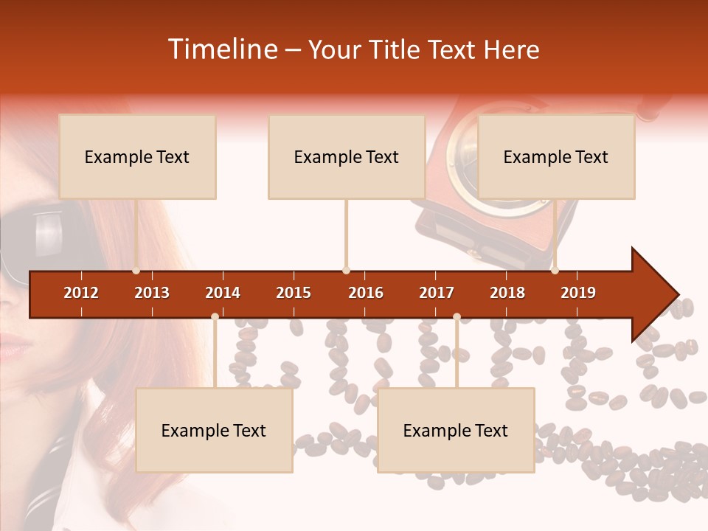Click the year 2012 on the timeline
(81, 293)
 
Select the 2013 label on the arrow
(152, 293)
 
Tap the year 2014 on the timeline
(223, 293)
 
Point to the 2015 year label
(294, 293)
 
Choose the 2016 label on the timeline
(366, 293)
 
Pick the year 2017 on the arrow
(437, 293)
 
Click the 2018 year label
(507, 293)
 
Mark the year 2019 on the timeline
(578, 293)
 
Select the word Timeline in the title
(221, 49)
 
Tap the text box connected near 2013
(137, 156)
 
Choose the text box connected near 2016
(347, 156)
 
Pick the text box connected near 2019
(556, 156)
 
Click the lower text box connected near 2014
(214, 431)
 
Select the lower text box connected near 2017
(456, 431)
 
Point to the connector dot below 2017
(457, 317)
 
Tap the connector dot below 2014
(215, 317)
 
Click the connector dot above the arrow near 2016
(346, 271)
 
